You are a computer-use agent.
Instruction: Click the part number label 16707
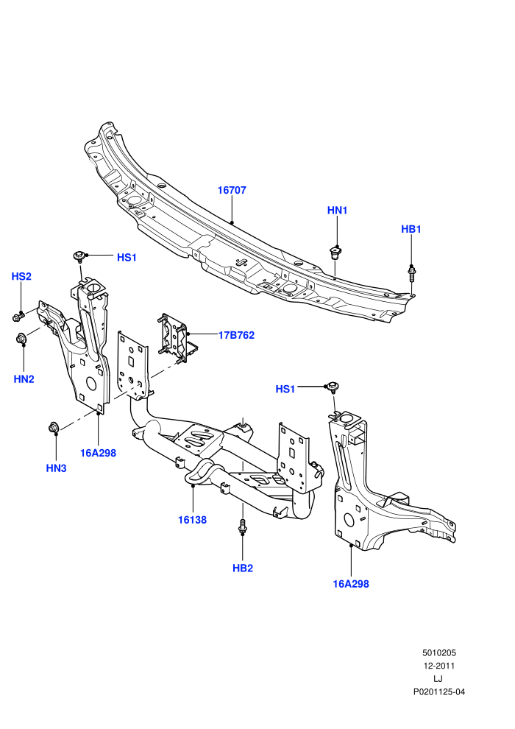[x=232, y=190]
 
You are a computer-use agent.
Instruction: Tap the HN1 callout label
[x=337, y=210]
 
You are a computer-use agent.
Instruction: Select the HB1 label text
[x=411, y=229]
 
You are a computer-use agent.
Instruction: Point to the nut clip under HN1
[x=334, y=253]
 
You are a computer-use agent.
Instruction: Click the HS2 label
[x=21, y=277]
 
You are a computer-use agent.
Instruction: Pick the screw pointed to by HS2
[x=18, y=317]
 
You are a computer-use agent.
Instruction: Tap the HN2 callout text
[x=24, y=379]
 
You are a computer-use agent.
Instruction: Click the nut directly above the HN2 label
[x=22, y=339]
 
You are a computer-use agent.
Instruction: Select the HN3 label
[x=56, y=468]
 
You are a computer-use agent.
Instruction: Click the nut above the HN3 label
[x=54, y=427]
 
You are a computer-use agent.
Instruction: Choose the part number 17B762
[x=236, y=335]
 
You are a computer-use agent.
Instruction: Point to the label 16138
[x=192, y=520]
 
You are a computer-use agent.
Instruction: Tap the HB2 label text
[x=242, y=568]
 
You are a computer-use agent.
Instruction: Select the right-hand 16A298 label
[x=351, y=584]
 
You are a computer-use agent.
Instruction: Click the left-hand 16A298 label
[x=98, y=453]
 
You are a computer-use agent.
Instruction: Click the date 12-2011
[x=438, y=666]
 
